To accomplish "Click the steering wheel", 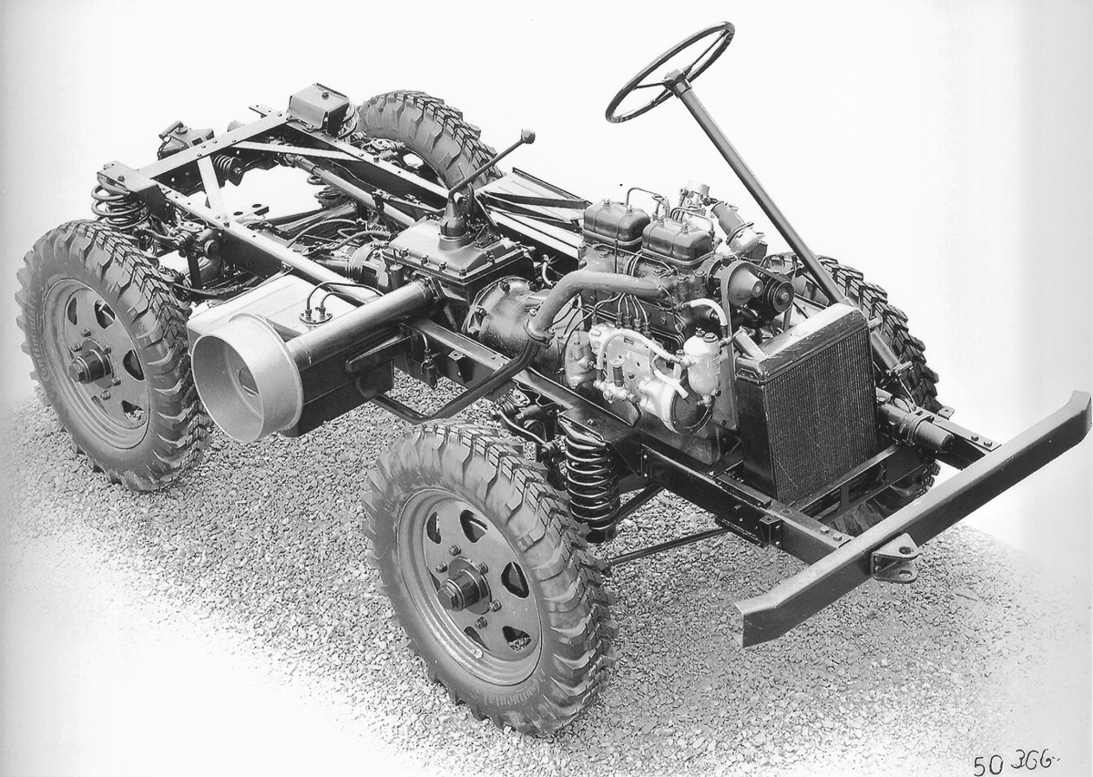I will click(669, 71).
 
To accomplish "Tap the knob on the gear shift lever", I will click(528, 137).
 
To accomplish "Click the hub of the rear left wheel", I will click(89, 366).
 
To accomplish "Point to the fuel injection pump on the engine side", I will click(628, 360).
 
